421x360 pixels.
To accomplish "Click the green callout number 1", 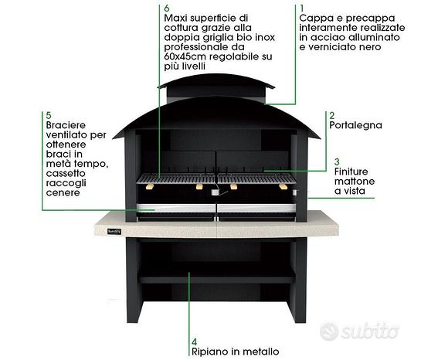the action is point(302,8).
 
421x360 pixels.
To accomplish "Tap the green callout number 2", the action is point(332,115).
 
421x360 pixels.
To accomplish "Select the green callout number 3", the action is point(337,161).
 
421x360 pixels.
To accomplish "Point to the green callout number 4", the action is point(195,341).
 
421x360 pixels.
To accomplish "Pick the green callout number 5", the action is point(49,115).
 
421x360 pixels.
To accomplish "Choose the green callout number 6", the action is point(167,8).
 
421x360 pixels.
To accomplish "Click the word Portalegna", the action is point(355,125).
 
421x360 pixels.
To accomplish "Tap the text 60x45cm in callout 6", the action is point(185,56).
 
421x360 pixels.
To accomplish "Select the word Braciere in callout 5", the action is point(66,125).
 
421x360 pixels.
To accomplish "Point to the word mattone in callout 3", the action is point(355,182).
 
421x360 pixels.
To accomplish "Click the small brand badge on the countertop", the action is point(114,232).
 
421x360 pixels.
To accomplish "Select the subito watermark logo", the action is point(359,331).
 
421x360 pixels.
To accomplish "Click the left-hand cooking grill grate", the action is point(176,178).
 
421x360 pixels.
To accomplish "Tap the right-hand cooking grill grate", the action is point(256,178).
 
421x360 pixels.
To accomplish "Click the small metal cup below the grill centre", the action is point(215,192).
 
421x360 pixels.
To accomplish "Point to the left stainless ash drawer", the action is point(176,209).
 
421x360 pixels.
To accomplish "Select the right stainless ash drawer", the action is point(256,209).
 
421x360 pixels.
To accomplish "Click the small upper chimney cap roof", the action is point(216,81).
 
